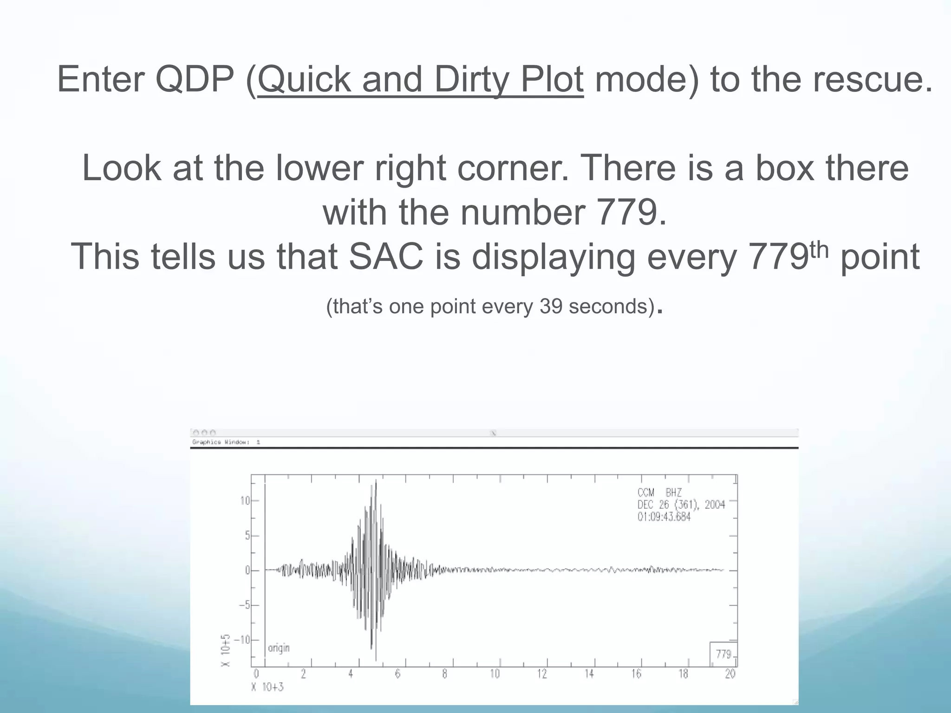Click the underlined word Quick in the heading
click(x=304, y=79)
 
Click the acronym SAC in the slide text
click(x=386, y=257)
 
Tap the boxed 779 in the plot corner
click(x=723, y=654)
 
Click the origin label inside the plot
click(x=279, y=648)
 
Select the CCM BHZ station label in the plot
click(x=659, y=493)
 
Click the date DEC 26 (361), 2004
click(x=681, y=505)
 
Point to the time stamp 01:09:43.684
click(x=664, y=517)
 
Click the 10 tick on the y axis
click(x=245, y=501)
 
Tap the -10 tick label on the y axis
click(x=241, y=640)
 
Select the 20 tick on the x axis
click(x=730, y=674)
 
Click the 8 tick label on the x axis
click(x=444, y=674)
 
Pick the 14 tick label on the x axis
click(x=589, y=674)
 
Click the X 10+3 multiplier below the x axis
click(x=267, y=687)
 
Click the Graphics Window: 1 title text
click(x=226, y=442)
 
